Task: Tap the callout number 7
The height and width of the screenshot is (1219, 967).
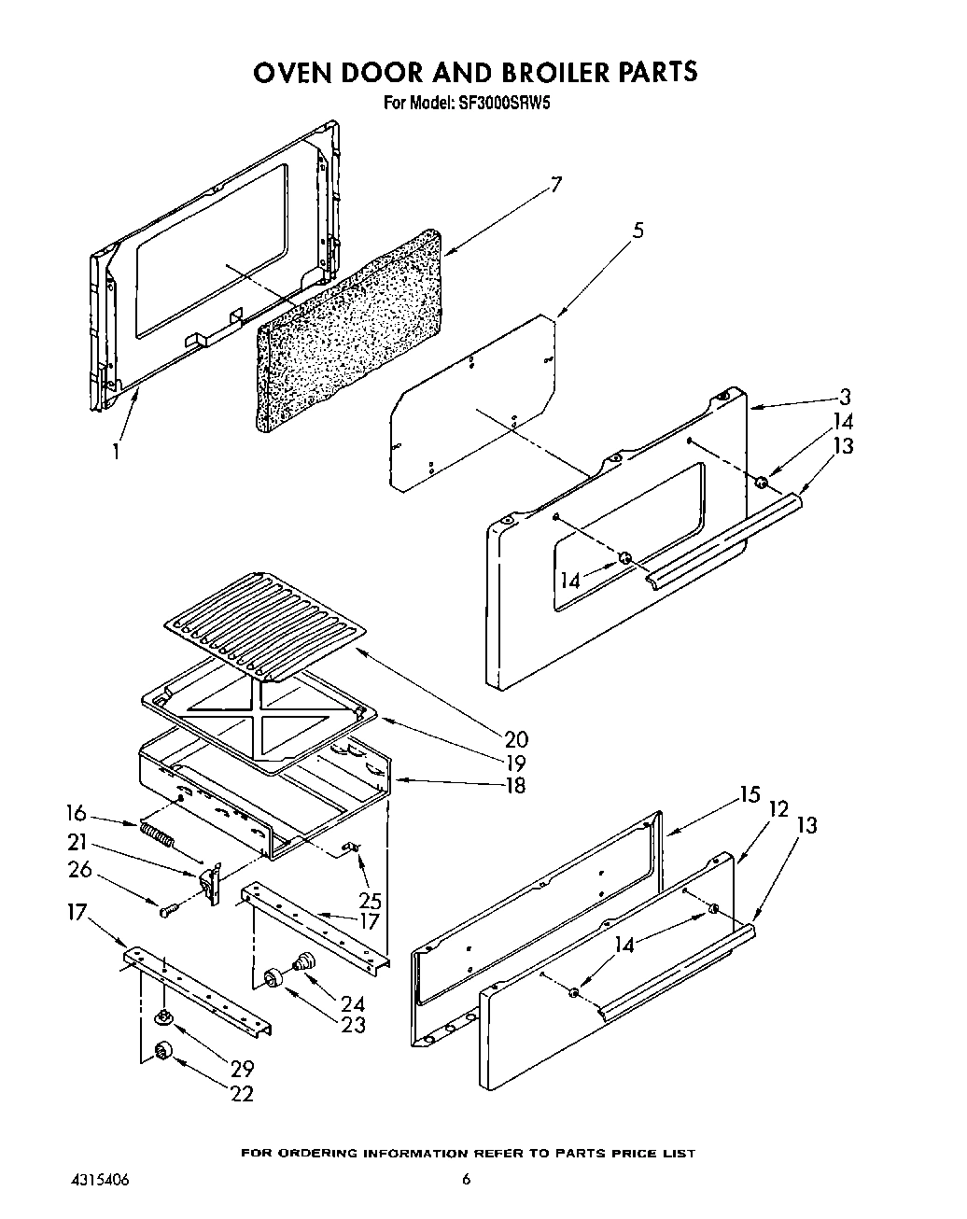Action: [x=555, y=184]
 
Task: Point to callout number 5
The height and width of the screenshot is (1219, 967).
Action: [x=638, y=231]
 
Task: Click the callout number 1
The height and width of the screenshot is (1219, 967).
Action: [x=116, y=451]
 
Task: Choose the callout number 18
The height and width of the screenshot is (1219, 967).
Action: [x=514, y=785]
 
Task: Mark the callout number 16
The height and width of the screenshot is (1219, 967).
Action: [x=78, y=810]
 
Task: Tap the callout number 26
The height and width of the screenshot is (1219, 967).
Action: [x=80, y=869]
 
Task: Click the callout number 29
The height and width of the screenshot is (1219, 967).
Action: [x=241, y=1069]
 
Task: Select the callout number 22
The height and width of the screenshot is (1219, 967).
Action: [x=241, y=1094]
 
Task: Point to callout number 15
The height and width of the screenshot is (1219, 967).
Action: [x=750, y=795]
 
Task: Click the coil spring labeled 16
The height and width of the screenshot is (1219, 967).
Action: [x=158, y=832]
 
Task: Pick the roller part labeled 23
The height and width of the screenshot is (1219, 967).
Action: [x=273, y=976]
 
